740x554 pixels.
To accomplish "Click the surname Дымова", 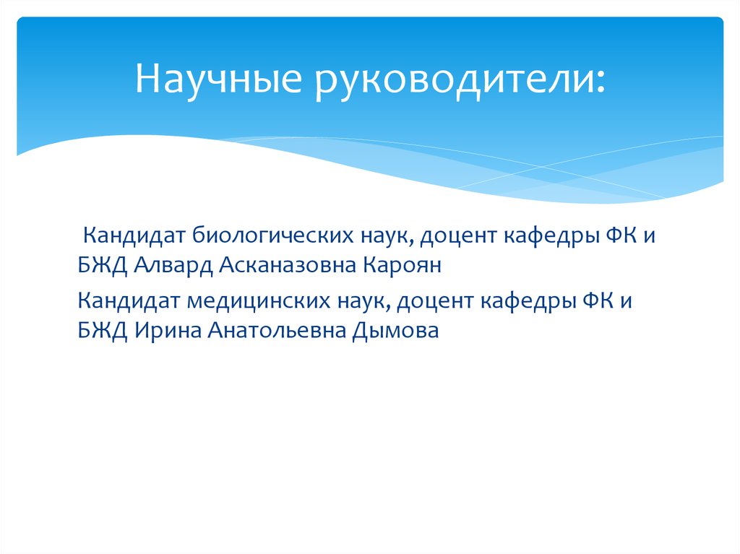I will coord(396,332).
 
